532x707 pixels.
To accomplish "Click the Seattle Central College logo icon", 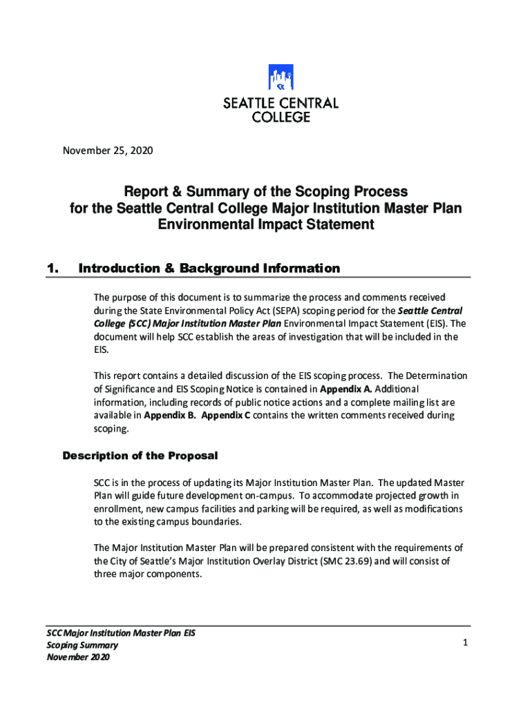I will pos(281,79).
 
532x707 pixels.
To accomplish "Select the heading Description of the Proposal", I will pos(140,456).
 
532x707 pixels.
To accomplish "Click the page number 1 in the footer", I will pos(466,643).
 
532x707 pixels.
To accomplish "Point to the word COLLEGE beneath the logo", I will pos(281,117).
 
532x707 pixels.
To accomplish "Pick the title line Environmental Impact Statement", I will pos(266,224).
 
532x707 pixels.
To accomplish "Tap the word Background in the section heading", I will pos(198,268).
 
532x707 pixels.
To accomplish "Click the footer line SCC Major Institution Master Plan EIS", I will pos(121,632).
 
